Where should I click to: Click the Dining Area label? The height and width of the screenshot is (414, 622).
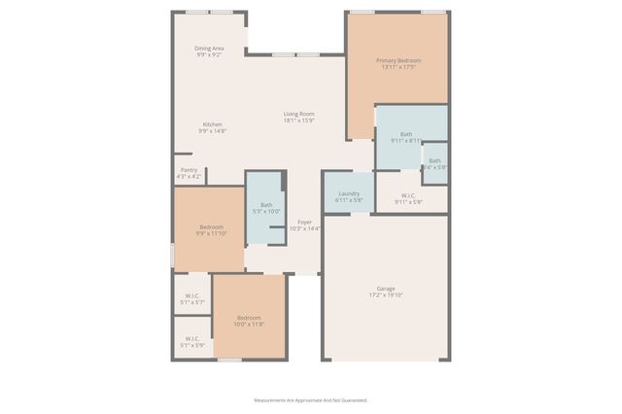(209, 48)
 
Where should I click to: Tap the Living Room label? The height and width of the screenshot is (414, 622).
(298, 114)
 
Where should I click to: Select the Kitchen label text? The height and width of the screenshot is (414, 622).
(212, 123)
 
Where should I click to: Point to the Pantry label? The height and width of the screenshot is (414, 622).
(189, 170)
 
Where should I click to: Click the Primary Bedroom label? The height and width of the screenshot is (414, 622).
(398, 61)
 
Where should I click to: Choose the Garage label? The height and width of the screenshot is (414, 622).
(386, 289)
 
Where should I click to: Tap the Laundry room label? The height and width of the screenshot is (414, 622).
(349, 193)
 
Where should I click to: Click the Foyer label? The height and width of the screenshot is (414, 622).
(304, 223)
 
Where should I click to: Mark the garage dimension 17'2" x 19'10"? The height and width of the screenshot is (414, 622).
(386, 295)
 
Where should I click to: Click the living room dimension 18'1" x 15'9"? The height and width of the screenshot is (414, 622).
(298, 121)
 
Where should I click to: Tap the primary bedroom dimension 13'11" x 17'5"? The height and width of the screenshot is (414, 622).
(398, 68)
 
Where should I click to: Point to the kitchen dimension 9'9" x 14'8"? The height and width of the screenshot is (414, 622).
(212, 130)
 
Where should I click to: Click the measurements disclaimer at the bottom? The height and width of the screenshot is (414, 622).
(311, 400)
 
